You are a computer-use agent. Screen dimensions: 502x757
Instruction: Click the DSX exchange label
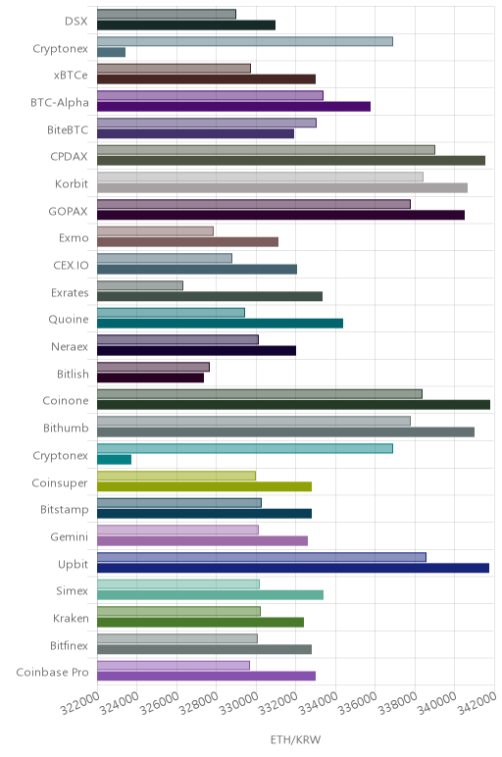(x=76, y=22)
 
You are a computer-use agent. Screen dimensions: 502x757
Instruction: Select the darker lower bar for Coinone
(x=293, y=405)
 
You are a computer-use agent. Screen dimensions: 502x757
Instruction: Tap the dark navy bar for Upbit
(x=293, y=568)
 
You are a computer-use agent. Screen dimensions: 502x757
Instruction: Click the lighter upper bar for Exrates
(x=140, y=285)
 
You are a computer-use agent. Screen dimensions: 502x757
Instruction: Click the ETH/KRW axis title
(x=295, y=739)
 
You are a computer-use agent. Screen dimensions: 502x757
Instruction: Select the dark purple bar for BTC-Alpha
(x=233, y=106)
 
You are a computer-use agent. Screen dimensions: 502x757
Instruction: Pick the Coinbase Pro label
(x=52, y=672)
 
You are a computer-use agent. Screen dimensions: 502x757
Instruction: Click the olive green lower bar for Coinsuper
(x=204, y=486)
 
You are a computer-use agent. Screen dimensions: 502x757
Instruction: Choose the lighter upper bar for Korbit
(x=260, y=177)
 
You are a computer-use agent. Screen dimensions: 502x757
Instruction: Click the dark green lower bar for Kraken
(x=200, y=623)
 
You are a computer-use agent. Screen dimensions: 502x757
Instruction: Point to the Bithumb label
(x=66, y=429)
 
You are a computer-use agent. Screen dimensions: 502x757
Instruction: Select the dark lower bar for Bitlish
(x=150, y=378)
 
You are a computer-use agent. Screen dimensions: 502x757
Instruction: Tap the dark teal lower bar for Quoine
(x=220, y=323)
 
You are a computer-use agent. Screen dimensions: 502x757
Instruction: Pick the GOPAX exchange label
(x=68, y=212)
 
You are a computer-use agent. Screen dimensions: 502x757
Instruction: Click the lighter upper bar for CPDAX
(x=266, y=150)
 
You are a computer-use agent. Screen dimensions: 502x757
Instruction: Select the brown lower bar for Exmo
(x=188, y=241)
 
